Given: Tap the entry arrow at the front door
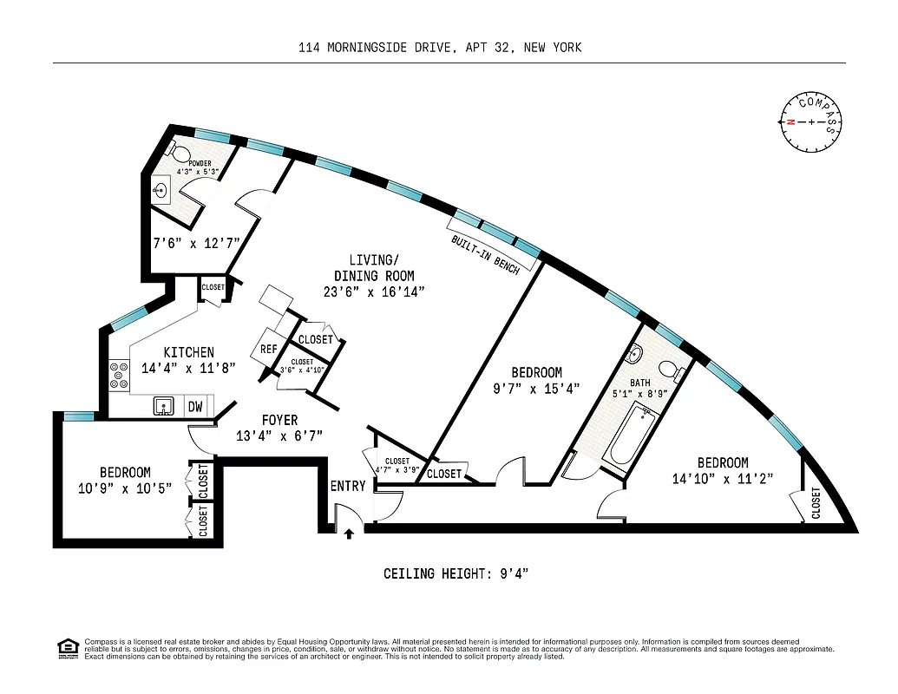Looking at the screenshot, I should [x=349, y=534].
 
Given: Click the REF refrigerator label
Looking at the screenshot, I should [x=268, y=350].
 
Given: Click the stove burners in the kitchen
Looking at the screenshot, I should [x=115, y=375].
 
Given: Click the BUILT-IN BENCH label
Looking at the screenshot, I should [x=485, y=254].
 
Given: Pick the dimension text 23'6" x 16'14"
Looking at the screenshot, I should [x=381, y=291].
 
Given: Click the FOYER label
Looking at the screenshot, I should [x=279, y=420].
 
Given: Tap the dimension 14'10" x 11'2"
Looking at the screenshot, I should [x=722, y=478].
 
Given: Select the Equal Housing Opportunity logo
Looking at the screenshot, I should [x=67, y=647].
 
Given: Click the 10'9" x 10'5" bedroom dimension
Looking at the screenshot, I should [x=125, y=488].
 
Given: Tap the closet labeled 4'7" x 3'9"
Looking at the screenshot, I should [x=397, y=466].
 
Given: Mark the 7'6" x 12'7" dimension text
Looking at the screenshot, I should [x=195, y=244].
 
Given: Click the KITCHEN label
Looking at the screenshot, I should [x=189, y=352].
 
